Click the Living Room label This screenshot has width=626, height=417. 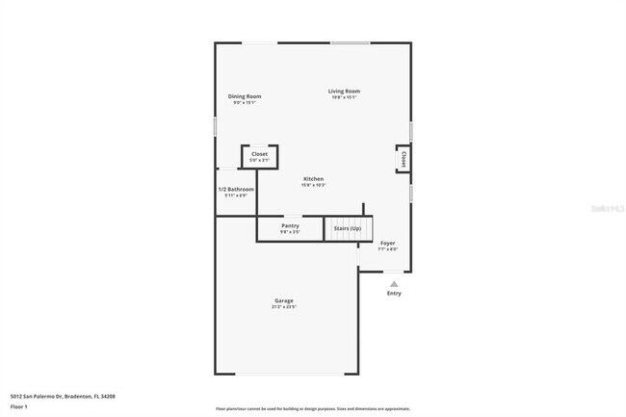(x=344, y=91)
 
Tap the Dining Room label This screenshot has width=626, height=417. (x=245, y=96)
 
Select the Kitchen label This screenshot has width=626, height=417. (x=314, y=179)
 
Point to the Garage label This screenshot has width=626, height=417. (x=283, y=300)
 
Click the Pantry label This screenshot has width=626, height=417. (x=290, y=226)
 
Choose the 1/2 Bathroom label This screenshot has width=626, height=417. (x=236, y=189)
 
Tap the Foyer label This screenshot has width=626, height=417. (x=387, y=243)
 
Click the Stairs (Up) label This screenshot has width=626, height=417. (x=348, y=228)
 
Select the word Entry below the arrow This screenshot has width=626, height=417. (x=394, y=293)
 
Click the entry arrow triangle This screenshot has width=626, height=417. (x=394, y=283)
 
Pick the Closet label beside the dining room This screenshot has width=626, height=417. (x=259, y=154)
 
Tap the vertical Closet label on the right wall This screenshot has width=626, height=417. (x=404, y=159)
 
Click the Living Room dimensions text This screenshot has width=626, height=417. (x=344, y=97)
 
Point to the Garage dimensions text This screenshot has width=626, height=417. (x=283, y=307)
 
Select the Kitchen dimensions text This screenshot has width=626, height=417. (x=314, y=185)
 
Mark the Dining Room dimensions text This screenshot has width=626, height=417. (x=245, y=102)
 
